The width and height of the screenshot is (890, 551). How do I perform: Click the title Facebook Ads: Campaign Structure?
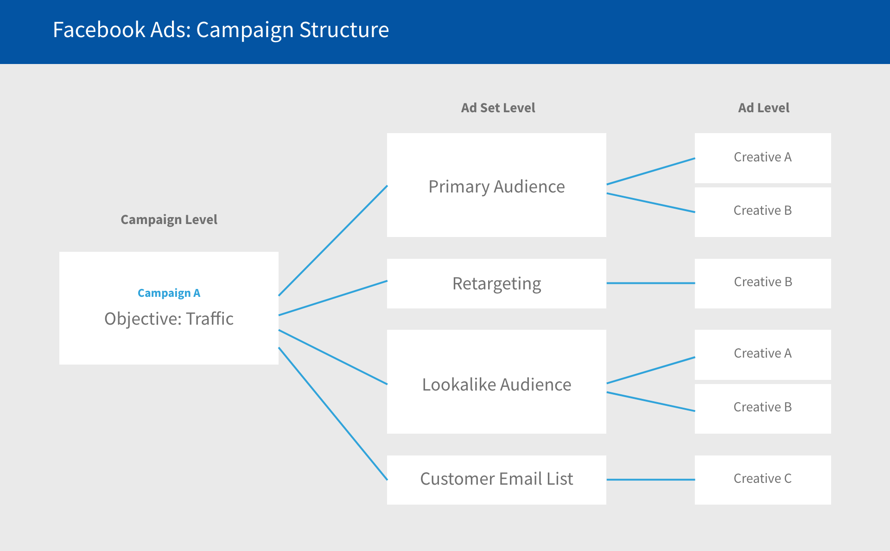[221, 30]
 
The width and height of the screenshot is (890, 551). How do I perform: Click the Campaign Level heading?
[169, 219]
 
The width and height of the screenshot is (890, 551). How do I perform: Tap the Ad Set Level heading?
[498, 108]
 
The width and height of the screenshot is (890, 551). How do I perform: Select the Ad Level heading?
[763, 108]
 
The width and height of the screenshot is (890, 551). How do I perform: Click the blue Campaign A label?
[169, 293]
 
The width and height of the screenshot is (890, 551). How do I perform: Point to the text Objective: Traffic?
[169, 319]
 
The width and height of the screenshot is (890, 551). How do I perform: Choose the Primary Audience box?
[496, 186]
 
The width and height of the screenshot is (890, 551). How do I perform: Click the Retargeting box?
[496, 283]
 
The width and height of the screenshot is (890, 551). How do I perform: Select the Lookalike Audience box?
[496, 384]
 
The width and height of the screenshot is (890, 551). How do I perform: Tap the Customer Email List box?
[496, 479]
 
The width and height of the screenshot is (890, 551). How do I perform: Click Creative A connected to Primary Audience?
[763, 157]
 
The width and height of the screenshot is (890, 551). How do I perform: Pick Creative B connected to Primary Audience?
[763, 211]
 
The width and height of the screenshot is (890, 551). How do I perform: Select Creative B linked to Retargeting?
[763, 282]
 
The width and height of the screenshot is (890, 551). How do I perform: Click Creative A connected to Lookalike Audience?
[763, 353]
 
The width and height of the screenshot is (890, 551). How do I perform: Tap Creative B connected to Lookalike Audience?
[763, 407]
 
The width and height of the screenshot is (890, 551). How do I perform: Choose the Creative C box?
[763, 479]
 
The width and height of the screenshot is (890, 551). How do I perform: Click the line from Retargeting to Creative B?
[650, 283]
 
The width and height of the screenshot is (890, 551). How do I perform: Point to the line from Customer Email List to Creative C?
[650, 480]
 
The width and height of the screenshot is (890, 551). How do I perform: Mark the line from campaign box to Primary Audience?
[333, 241]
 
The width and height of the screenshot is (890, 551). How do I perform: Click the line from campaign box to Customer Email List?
[333, 413]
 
